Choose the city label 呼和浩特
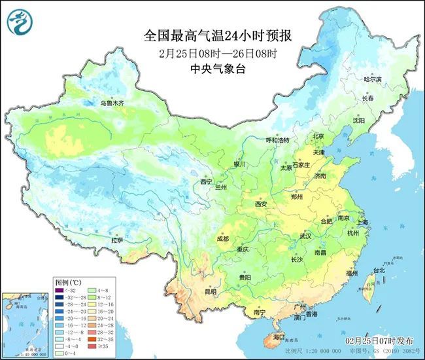(x=258, y=140)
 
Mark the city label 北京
(x=318, y=136)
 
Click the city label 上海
(x=362, y=223)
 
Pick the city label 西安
(x=261, y=204)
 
